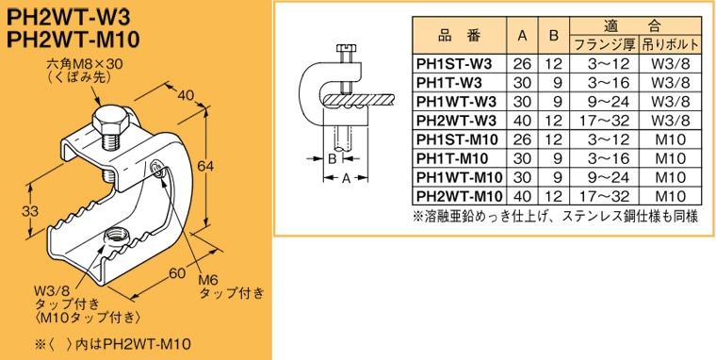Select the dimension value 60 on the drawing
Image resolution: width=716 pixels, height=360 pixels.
coord(174,274)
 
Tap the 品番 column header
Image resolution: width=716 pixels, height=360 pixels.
coord(460,36)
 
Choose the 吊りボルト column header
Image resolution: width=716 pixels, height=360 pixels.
coord(669,44)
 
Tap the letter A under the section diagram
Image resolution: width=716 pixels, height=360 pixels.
coord(347,178)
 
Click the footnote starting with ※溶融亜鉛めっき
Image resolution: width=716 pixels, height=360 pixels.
coord(555,216)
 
